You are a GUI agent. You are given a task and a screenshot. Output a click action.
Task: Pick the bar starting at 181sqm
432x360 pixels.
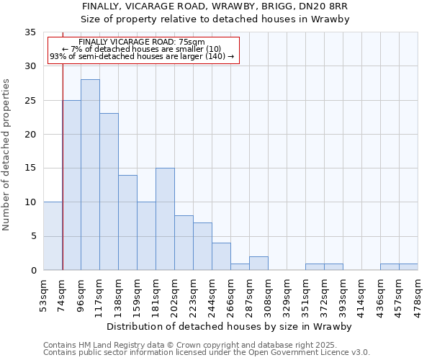pos(165,219)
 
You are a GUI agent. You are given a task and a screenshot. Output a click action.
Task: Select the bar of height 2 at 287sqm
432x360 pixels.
pos(258,264)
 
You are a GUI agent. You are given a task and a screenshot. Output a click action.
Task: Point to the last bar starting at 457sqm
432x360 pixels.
pos(408,267)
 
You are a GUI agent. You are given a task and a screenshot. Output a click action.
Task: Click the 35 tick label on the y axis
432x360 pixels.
pos(30,32)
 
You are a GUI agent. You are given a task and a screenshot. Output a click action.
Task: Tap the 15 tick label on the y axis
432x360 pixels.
pos(30,168)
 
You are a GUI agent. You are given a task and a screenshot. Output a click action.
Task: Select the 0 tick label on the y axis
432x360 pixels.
pos(33,271)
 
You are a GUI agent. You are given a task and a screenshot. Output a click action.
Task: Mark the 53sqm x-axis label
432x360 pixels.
pos(44,292)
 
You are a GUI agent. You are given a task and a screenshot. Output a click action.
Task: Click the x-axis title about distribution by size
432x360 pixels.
pos(230,326)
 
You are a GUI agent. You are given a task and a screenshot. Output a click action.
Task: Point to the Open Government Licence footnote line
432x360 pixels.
pos(207,353)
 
